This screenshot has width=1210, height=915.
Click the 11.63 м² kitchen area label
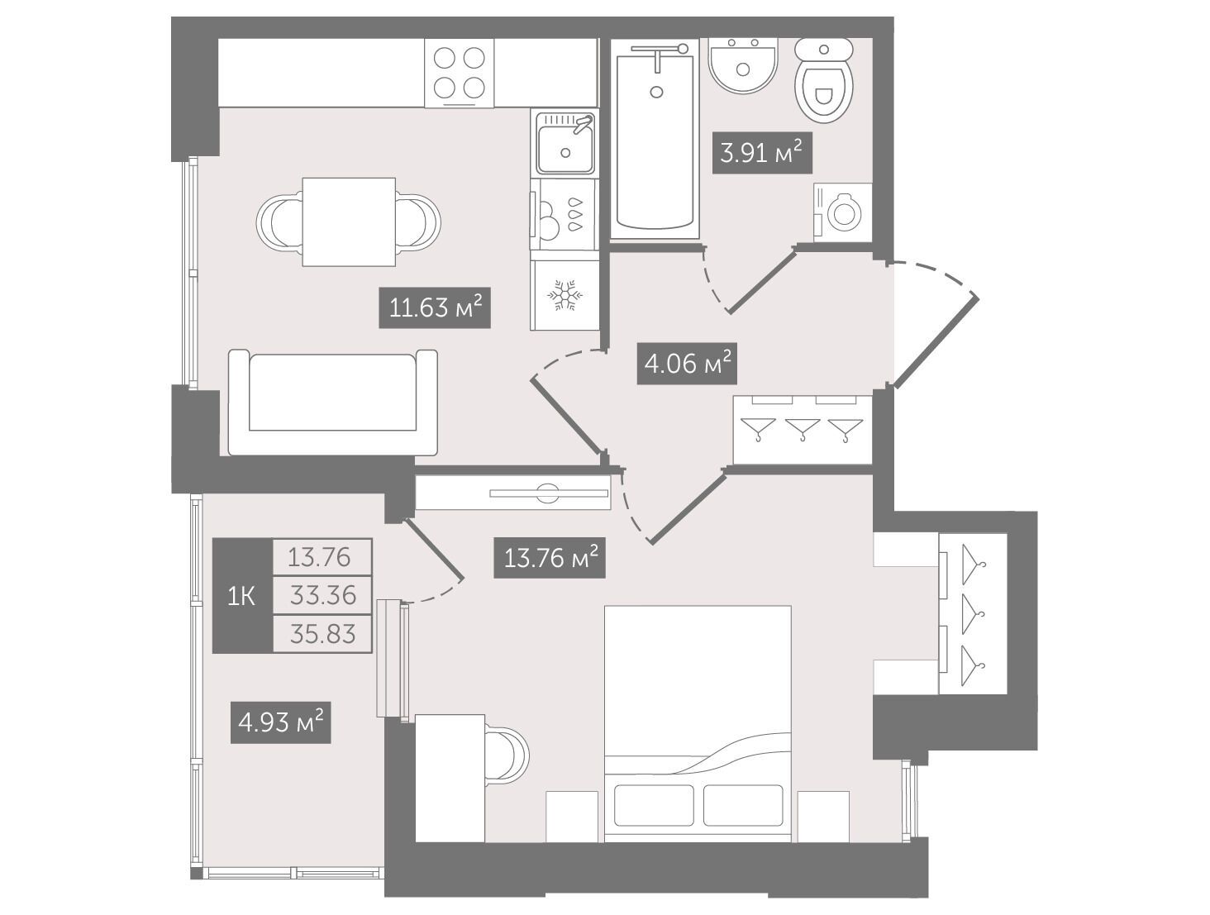(435, 307)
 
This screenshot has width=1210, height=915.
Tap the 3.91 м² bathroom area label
(762, 153)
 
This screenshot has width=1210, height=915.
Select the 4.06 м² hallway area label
(686, 364)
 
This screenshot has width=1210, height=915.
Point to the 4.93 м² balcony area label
(280, 722)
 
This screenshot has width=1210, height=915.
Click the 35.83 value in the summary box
(322, 634)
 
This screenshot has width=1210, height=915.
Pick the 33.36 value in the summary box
(322, 595)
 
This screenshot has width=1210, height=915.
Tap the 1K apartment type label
(241, 597)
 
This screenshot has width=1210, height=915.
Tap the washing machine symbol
(843, 212)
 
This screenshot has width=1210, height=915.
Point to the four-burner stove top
(459, 73)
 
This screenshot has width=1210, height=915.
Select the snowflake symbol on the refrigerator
(565, 295)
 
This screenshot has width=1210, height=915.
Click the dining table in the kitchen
(349, 222)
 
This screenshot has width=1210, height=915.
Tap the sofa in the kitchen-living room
(333, 403)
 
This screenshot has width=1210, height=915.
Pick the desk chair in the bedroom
(507, 753)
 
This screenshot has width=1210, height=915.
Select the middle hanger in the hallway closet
(802, 429)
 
